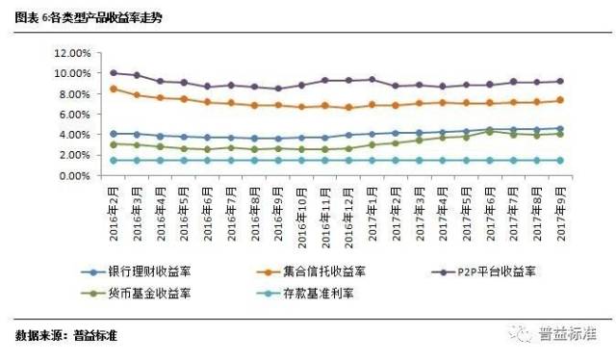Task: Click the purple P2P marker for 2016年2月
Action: (114, 72)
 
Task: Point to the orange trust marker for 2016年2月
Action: (114, 89)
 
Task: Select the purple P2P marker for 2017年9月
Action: (559, 81)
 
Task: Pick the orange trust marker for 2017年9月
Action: (559, 100)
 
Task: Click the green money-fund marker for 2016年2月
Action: (114, 144)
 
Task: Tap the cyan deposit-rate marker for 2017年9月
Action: (559, 161)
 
